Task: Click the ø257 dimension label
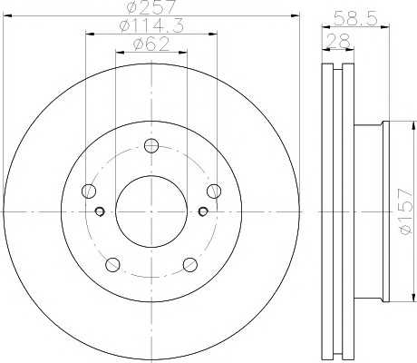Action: [150, 6]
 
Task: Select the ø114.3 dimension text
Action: [151, 25]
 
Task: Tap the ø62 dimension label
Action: [151, 44]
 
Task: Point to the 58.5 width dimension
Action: [356, 19]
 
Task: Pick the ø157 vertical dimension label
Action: [405, 211]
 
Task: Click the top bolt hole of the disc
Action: [151, 146]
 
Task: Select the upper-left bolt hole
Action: [89, 191]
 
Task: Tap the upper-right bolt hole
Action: [214, 191]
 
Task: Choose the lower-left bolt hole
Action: [112, 265]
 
